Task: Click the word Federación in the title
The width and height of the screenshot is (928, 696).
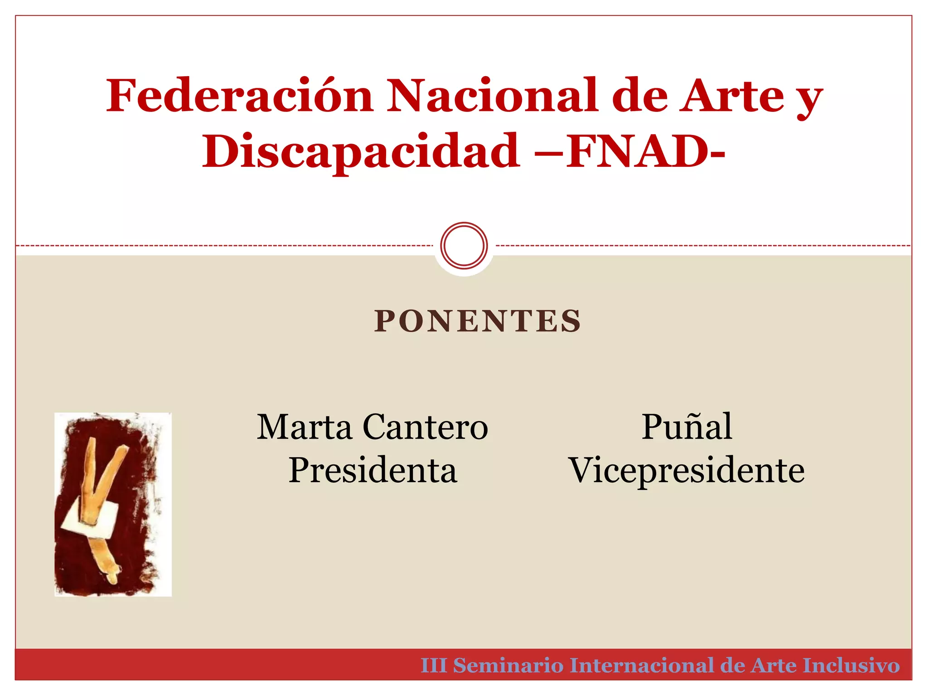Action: (239, 96)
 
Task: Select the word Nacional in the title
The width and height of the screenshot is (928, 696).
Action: (492, 96)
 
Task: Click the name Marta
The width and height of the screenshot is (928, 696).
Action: (304, 427)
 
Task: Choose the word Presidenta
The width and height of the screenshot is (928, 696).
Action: (372, 470)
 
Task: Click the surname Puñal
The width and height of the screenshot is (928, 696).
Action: (687, 427)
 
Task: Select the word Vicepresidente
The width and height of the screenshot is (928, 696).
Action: (686, 470)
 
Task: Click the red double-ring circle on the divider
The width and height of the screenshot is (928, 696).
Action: (464, 245)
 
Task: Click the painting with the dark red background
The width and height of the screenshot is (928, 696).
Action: (113, 504)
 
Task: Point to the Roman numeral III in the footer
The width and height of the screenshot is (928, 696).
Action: (434, 665)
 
